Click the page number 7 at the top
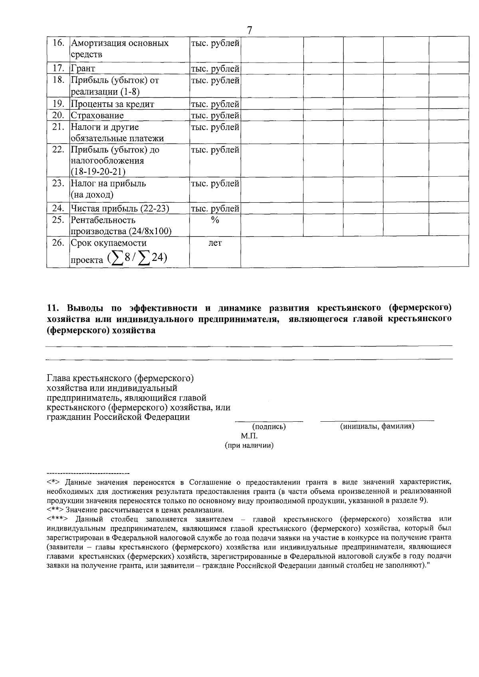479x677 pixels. (250, 30)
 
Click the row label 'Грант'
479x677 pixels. (83, 69)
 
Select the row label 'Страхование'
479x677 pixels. (97, 116)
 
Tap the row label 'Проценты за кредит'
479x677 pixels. (112, 104)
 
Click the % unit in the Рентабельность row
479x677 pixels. (215, 220)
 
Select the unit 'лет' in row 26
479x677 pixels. (215, 243)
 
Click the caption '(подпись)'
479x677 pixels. (269, 427)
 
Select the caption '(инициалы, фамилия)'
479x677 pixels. (377, 426)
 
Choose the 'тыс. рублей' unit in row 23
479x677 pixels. (215, 184)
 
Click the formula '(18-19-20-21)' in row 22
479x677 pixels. (98, 172)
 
